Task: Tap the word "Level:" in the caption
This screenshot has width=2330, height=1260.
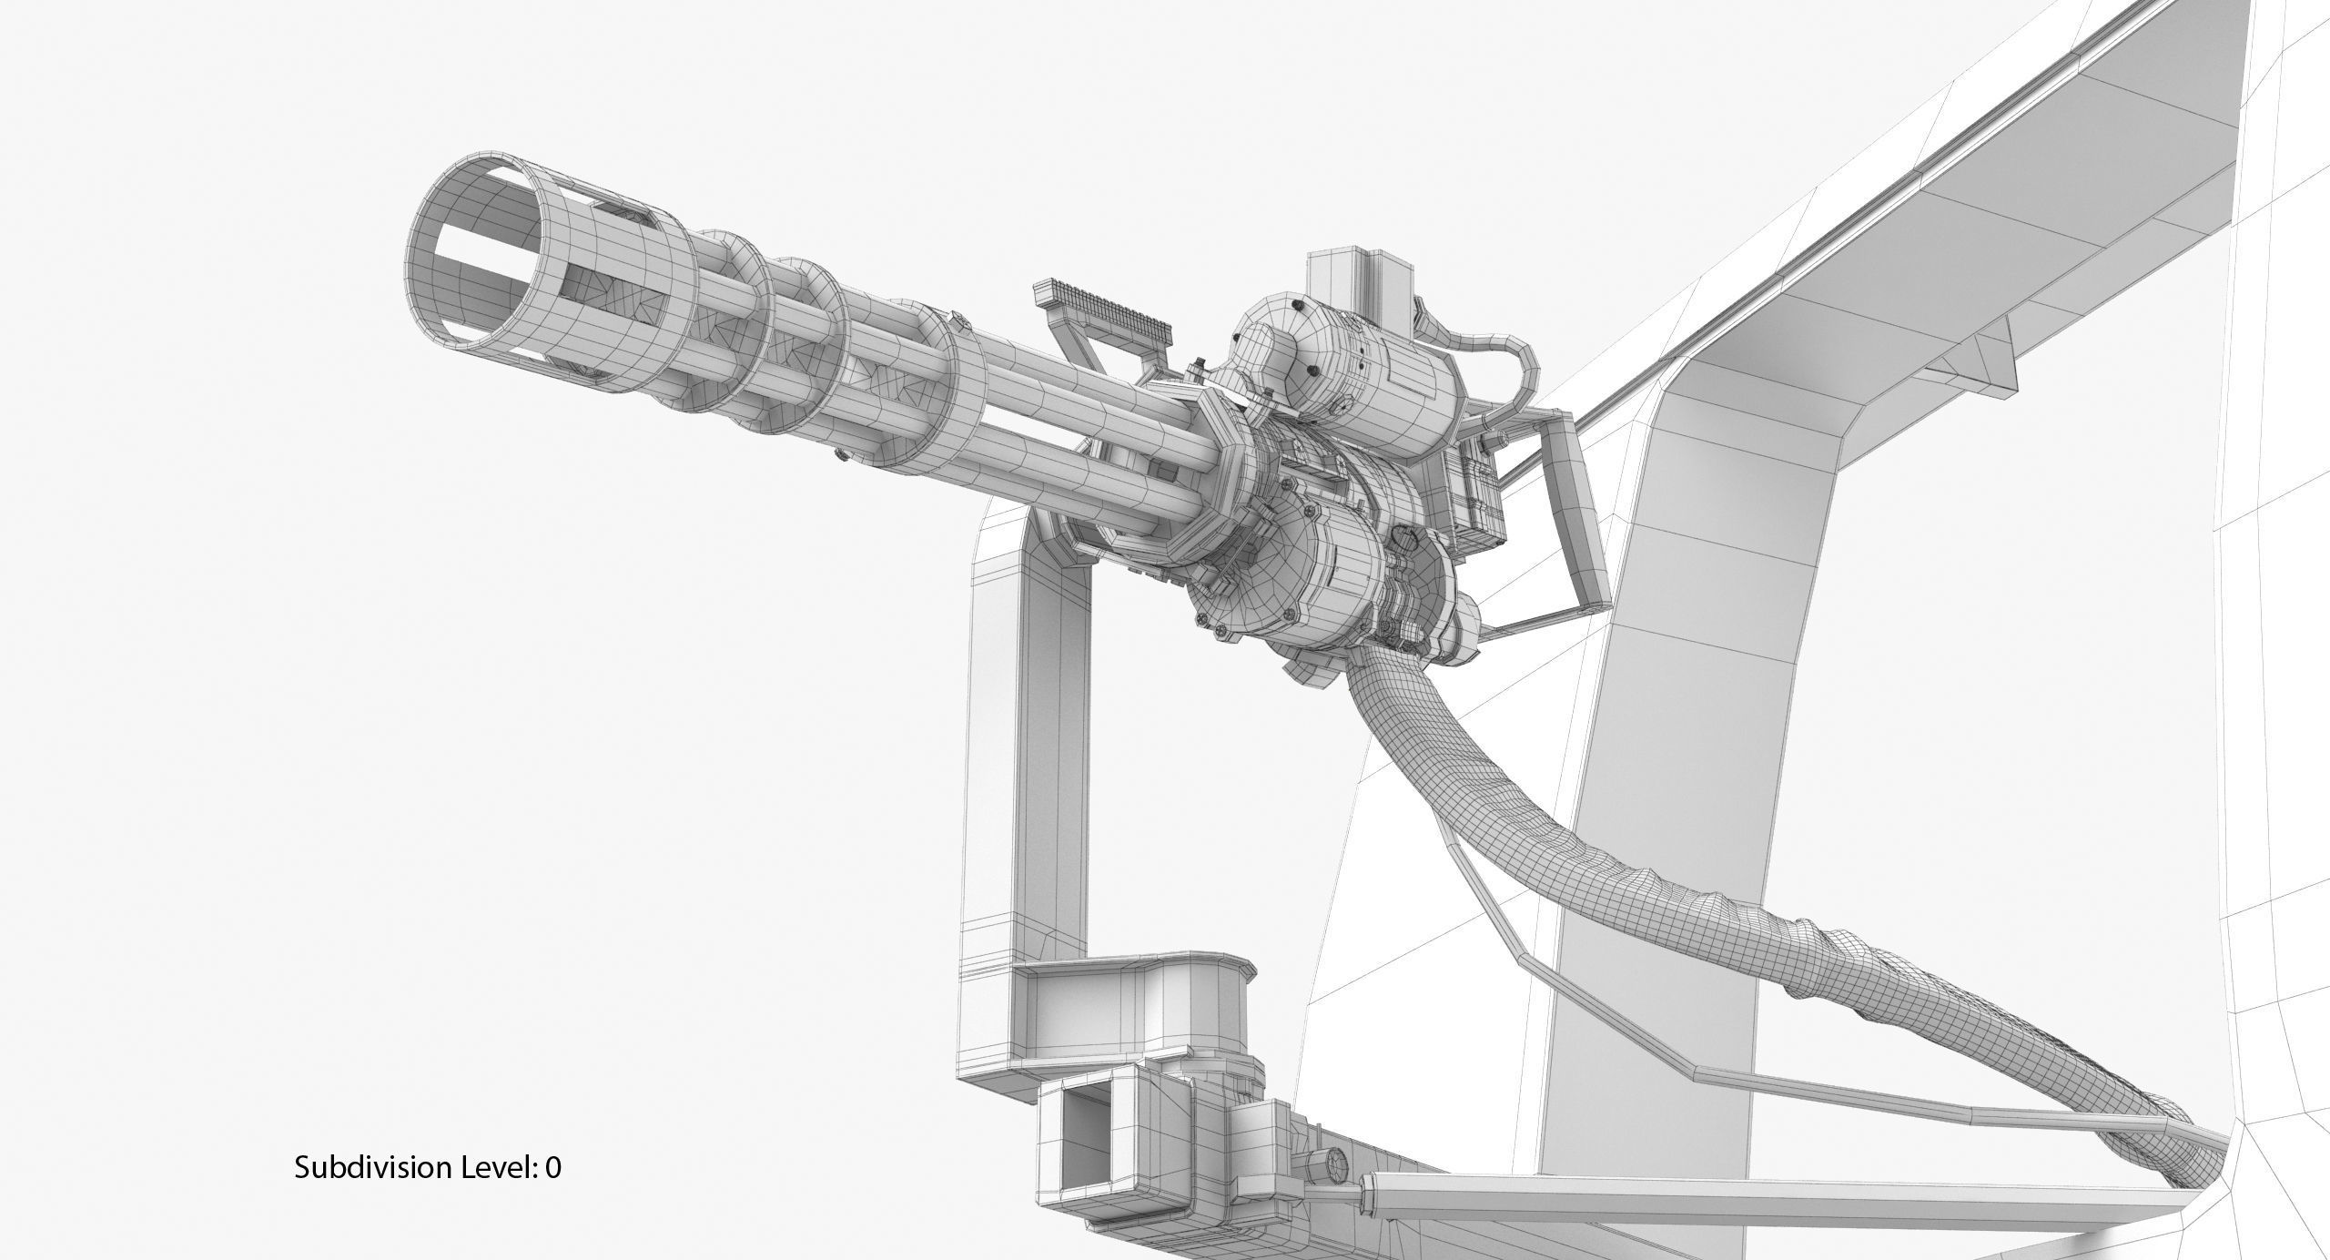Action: coord(497,1167)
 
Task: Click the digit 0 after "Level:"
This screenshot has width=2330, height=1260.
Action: coord(553,1167)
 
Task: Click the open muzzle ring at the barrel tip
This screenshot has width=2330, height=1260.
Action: coord(473,255)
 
